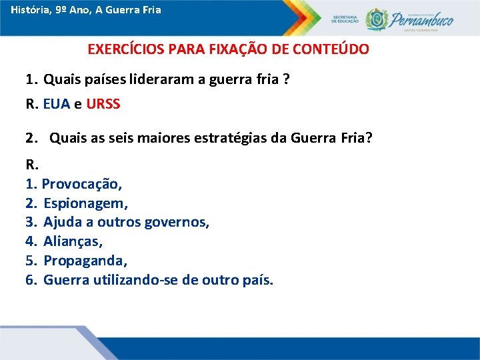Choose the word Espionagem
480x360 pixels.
click(x=85, y=203)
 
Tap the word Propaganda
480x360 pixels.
click(x=83, y=261)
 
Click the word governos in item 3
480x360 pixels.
click(x=178, y=222)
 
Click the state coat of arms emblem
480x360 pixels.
click(x=375, y=19)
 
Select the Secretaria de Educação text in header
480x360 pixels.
click(x=345, y=18)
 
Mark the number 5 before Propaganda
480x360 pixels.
click(x=29, y=261)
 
